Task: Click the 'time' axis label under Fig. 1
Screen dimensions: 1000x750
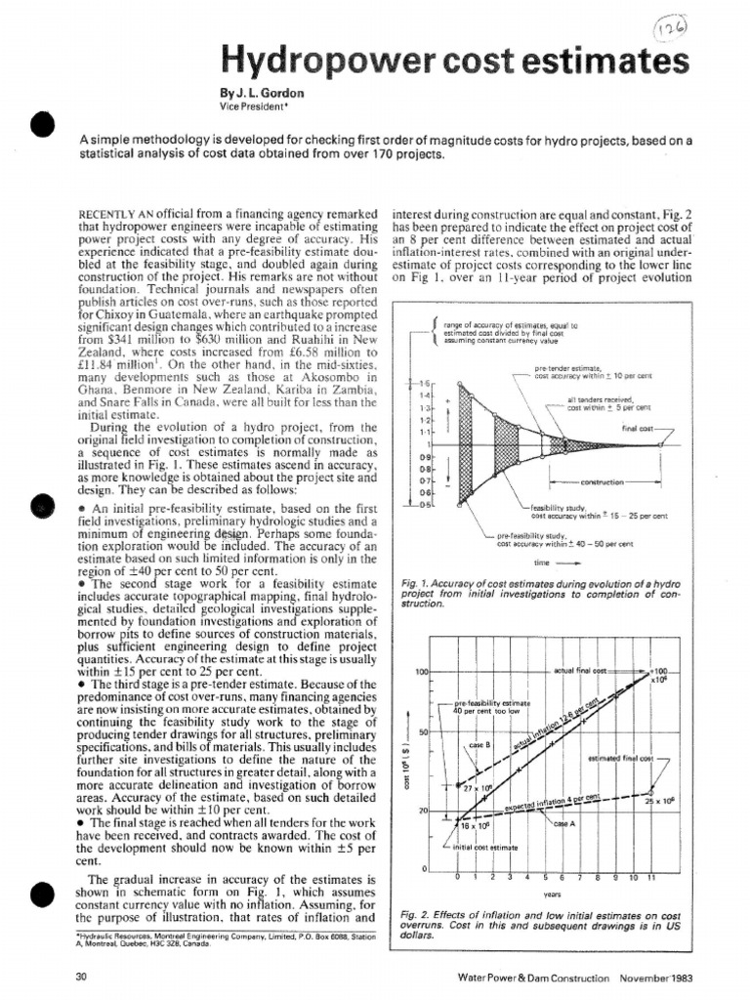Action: (x=543, y=562)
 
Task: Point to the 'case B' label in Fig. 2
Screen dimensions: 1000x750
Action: (x=479, y=745)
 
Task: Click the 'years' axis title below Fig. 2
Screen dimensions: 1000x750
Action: (x=552, y=892)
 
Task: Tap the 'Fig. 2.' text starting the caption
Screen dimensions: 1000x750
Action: (x=416, y=913)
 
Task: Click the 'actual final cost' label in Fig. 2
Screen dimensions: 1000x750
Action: (x=580, y=673)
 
